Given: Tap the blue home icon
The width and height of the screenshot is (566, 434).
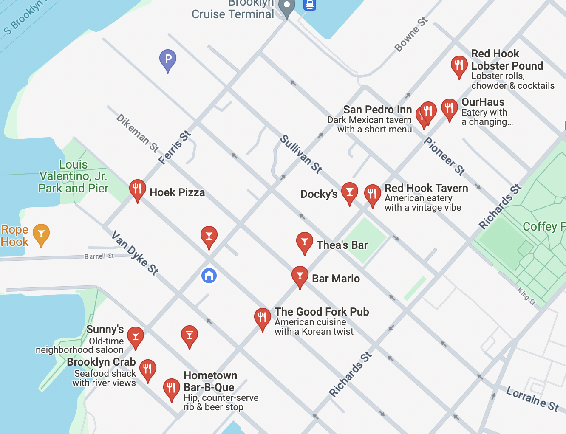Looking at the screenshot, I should (209, 276).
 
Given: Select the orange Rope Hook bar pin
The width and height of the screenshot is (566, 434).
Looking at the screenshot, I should (41, 234).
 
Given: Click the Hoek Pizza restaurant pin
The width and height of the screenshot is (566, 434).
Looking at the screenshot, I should (137, 189).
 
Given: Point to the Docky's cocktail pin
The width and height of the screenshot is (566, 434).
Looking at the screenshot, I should (350, 192).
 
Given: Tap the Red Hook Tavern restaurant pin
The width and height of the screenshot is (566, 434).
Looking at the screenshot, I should (372, 194).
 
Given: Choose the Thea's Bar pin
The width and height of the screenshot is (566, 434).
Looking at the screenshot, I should (304, 242).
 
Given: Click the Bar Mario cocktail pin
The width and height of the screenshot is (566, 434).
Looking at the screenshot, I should (300, 276).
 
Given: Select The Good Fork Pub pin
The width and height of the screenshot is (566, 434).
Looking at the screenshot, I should (262, 318).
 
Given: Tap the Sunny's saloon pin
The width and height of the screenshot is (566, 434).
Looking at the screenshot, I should (136, 337).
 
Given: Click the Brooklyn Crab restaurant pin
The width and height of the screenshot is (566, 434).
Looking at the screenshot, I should (147, 369).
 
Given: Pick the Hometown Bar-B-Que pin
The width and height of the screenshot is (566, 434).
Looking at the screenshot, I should (171, 389).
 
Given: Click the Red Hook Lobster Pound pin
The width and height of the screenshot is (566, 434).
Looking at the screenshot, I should (459, 66).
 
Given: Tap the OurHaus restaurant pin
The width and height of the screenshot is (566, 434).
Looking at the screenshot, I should (449, 109).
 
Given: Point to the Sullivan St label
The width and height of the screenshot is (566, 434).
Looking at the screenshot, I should (301, 154).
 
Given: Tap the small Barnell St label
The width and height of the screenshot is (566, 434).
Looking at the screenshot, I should (99, 256).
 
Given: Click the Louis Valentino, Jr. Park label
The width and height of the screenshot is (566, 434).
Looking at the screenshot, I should (73, 176).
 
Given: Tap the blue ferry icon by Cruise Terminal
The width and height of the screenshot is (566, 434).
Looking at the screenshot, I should (309, 5).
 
